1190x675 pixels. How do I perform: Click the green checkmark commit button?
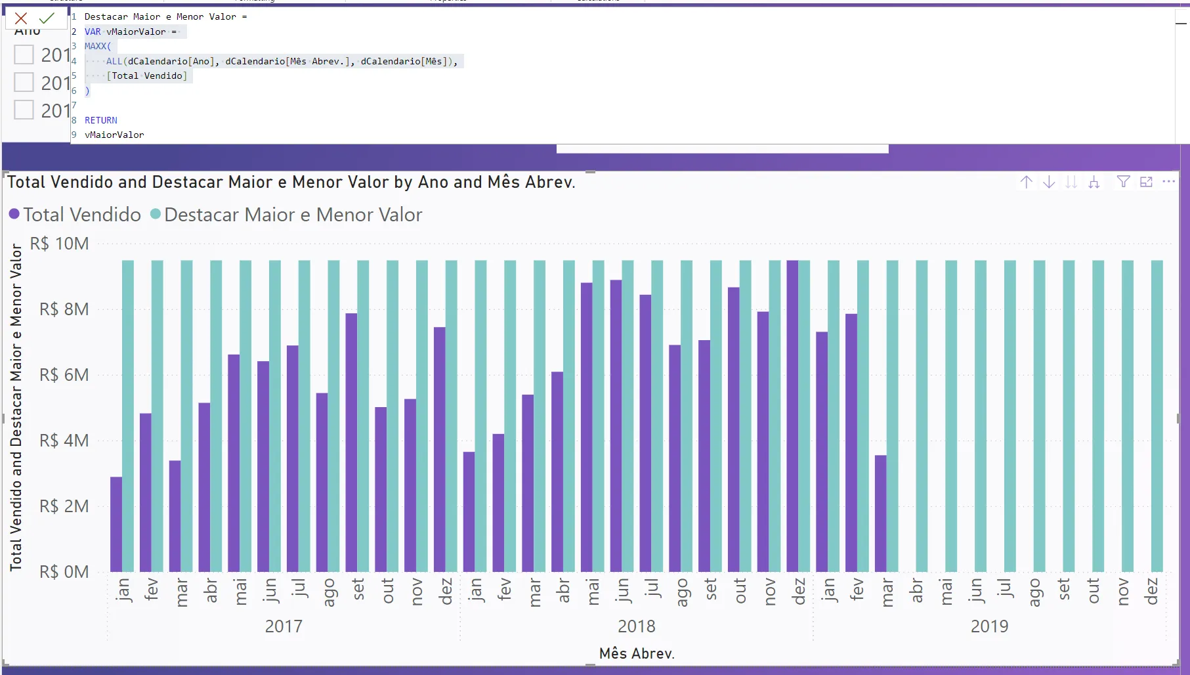coord(47,18)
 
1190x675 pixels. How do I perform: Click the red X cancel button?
coord(21,18)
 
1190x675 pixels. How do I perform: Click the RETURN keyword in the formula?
coord(101,120)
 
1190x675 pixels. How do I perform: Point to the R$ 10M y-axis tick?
coord(59,244)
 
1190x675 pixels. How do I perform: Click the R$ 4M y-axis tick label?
coord(64,441)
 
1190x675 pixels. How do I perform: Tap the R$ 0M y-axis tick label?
coord(64,572)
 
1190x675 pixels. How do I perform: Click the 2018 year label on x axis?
coord(636,626)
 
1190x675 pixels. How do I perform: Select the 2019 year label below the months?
coord(989,626)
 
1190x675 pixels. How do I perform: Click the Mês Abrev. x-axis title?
coord(637,653)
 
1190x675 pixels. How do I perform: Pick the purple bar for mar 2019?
coord(881,513)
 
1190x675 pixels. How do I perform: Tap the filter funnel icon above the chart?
coord(1123,182)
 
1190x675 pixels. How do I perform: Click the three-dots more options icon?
coord(1168,182)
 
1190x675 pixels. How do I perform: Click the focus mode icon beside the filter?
coord(1146,182)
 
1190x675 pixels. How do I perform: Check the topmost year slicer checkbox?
coord(24,54)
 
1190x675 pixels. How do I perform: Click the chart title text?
coord(291,182)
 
